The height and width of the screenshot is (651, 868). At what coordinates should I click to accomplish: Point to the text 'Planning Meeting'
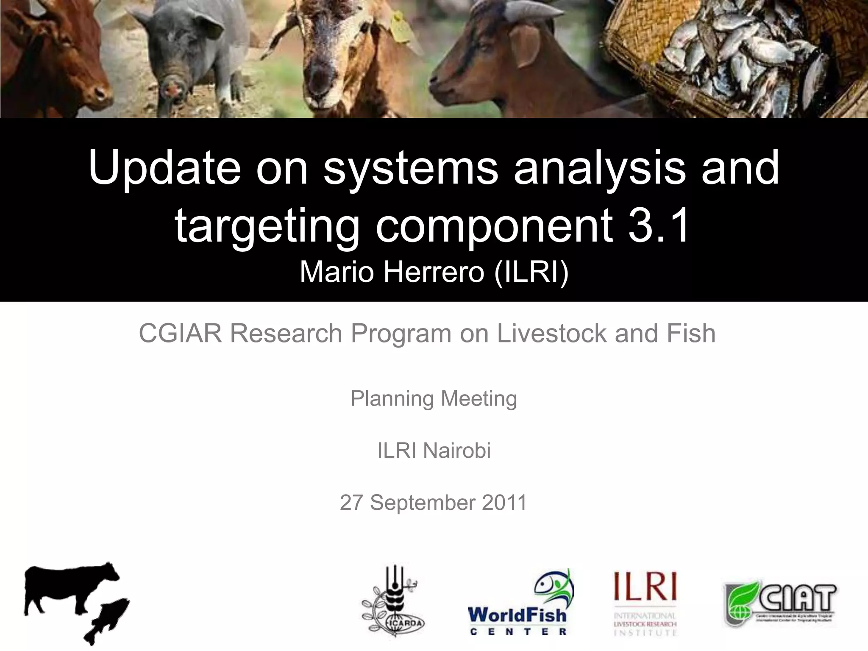point(434,399)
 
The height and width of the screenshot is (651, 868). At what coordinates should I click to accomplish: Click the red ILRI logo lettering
point(645,586)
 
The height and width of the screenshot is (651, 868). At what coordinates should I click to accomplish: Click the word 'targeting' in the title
point(267,227)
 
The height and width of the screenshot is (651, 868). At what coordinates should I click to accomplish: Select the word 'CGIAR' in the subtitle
point(180,333)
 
